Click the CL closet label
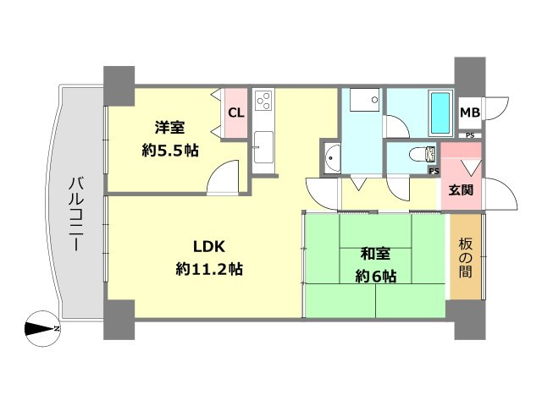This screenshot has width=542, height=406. [235, 112]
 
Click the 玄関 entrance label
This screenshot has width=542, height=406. [461, 190]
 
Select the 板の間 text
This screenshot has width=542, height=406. [465, 260]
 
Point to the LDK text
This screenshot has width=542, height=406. [209, 247]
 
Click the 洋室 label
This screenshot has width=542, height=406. [168, 129]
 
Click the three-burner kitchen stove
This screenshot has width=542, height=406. [263, 102]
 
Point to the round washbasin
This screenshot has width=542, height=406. [331, 157]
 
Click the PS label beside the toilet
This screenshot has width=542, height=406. [434, 170]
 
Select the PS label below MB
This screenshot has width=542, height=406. [469, 134]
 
